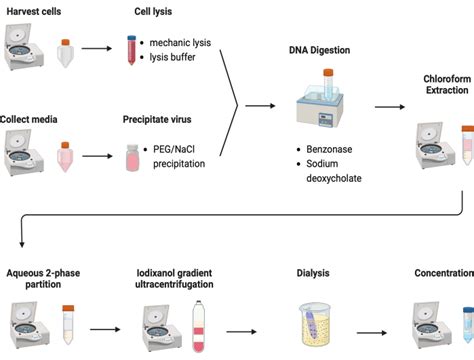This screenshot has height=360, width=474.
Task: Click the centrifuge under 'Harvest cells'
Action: tap(24, 46)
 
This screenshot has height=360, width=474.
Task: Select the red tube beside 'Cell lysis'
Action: tap(131, 50)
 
